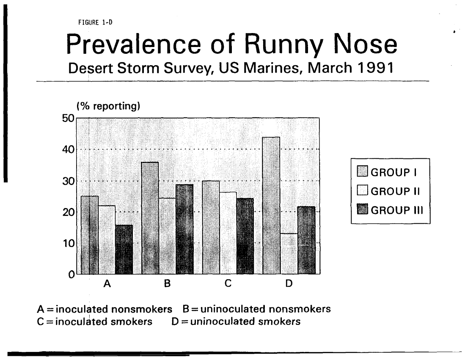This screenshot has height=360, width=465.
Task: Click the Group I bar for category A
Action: point(89,235)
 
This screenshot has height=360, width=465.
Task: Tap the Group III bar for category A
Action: point(124,250)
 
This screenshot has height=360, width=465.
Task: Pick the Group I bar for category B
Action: point(150,218)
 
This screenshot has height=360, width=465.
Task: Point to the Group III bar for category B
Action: point(184,229)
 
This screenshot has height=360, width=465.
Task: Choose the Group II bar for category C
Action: point(228,233)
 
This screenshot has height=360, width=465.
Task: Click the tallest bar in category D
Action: point(271,206)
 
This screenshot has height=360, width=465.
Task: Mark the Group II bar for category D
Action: point(289,254)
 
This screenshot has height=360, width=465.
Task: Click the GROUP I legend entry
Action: point(388,172)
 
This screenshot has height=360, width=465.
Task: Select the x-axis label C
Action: point(228,284)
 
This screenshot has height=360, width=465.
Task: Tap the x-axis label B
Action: point(167,284)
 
